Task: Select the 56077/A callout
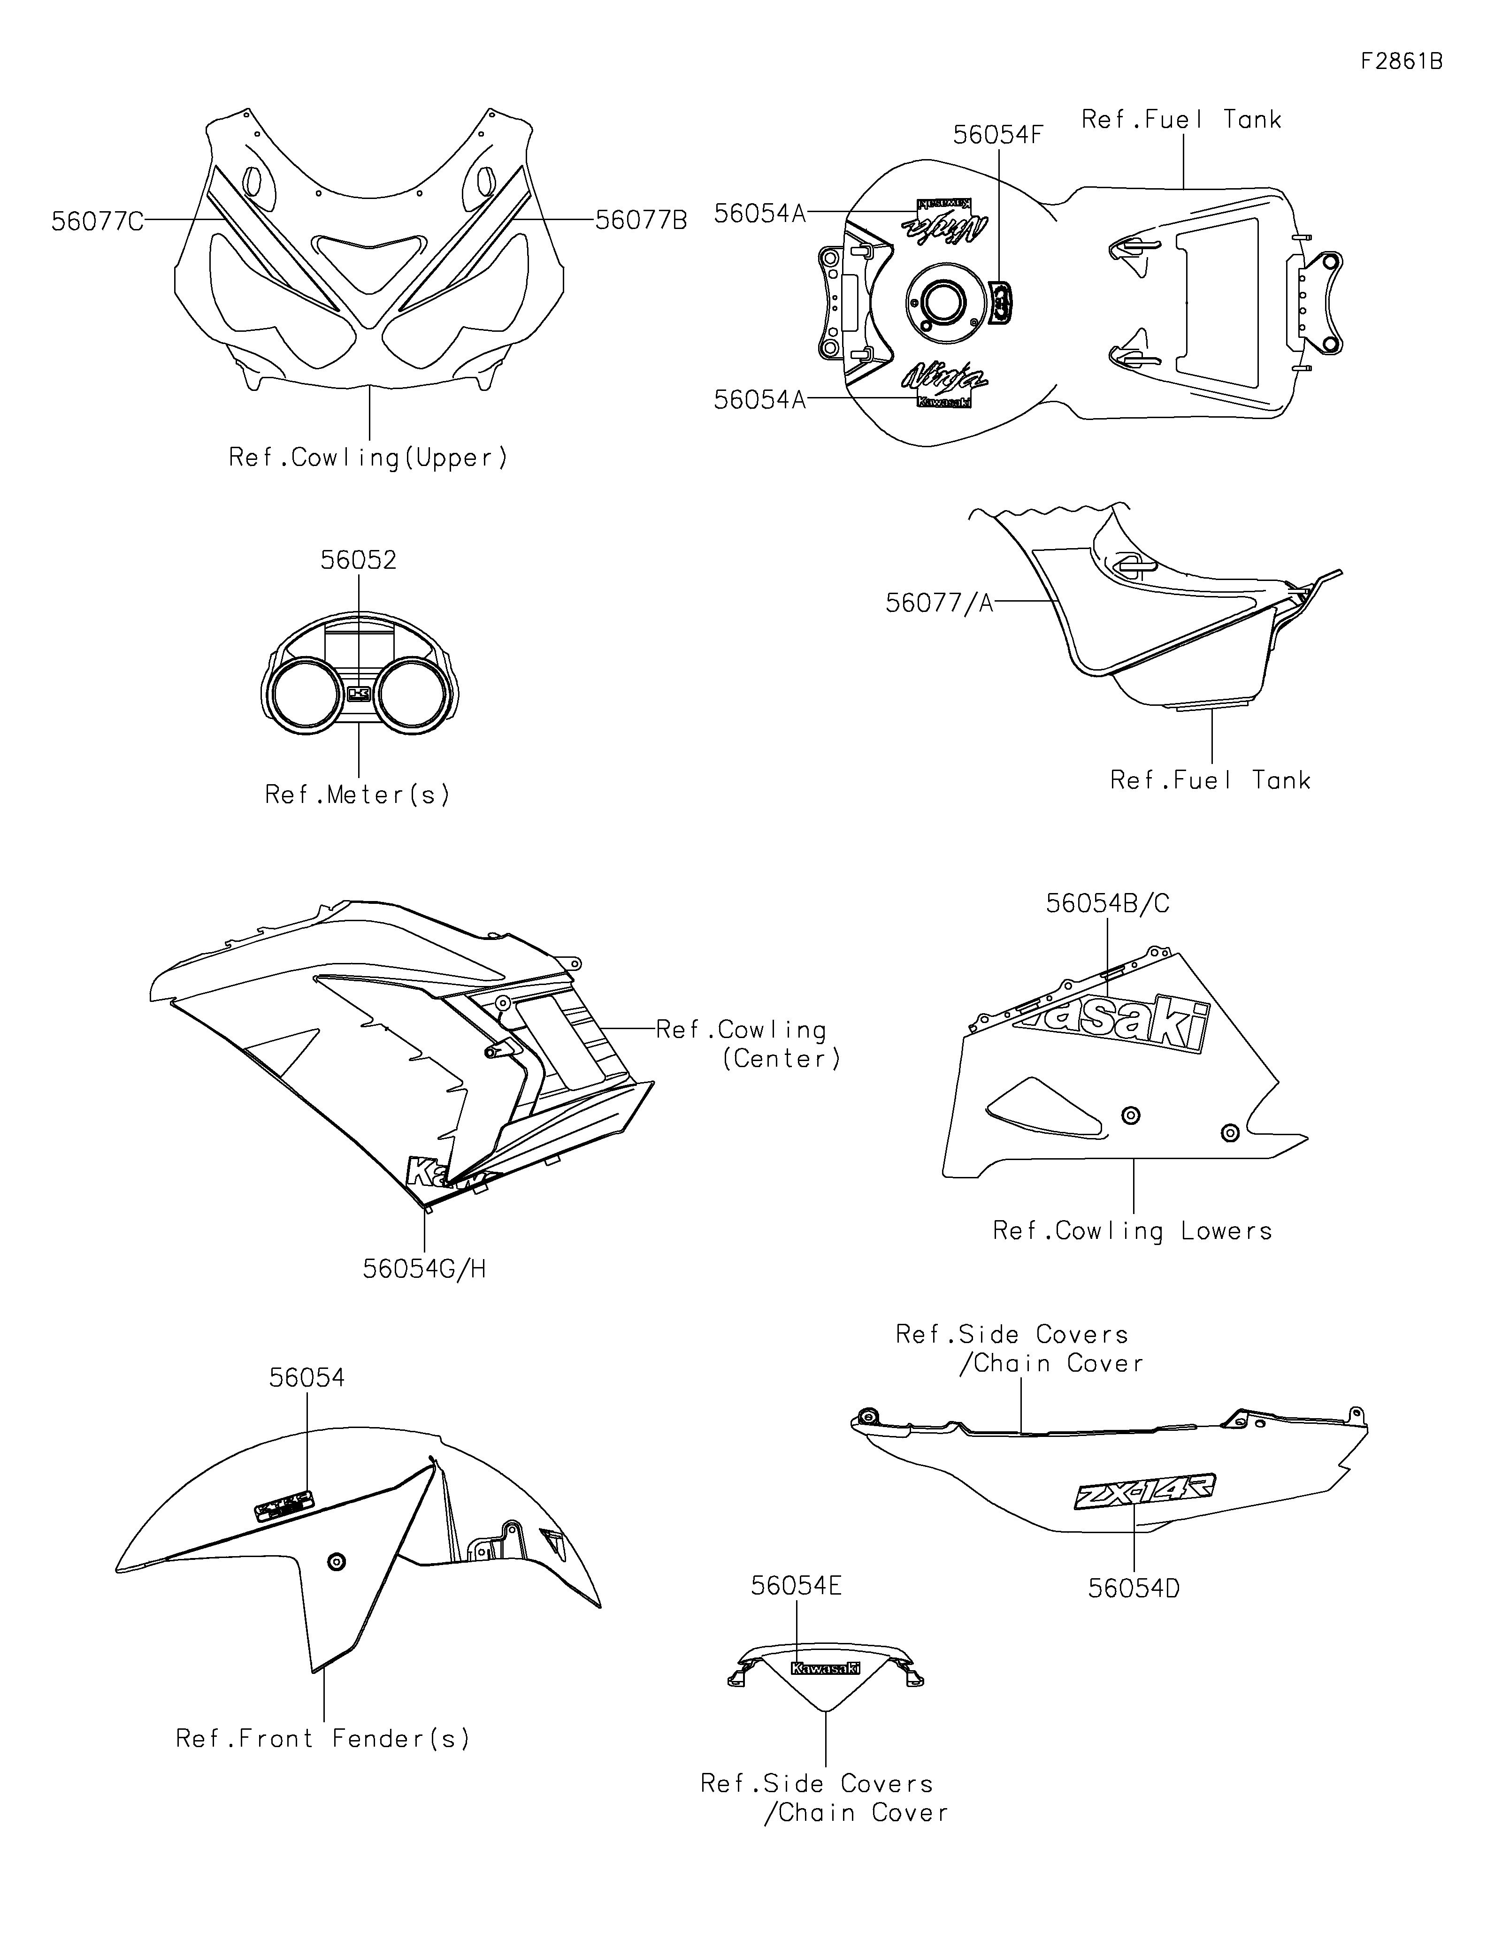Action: pyautogui.click(x=939, y=603)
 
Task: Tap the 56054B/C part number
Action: pyautogui.click(x=1108, y=903)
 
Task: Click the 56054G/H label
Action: pyautogui.click(x=425, y=1268)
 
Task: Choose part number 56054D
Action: pyautogui.click(x=1134, y=1588)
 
